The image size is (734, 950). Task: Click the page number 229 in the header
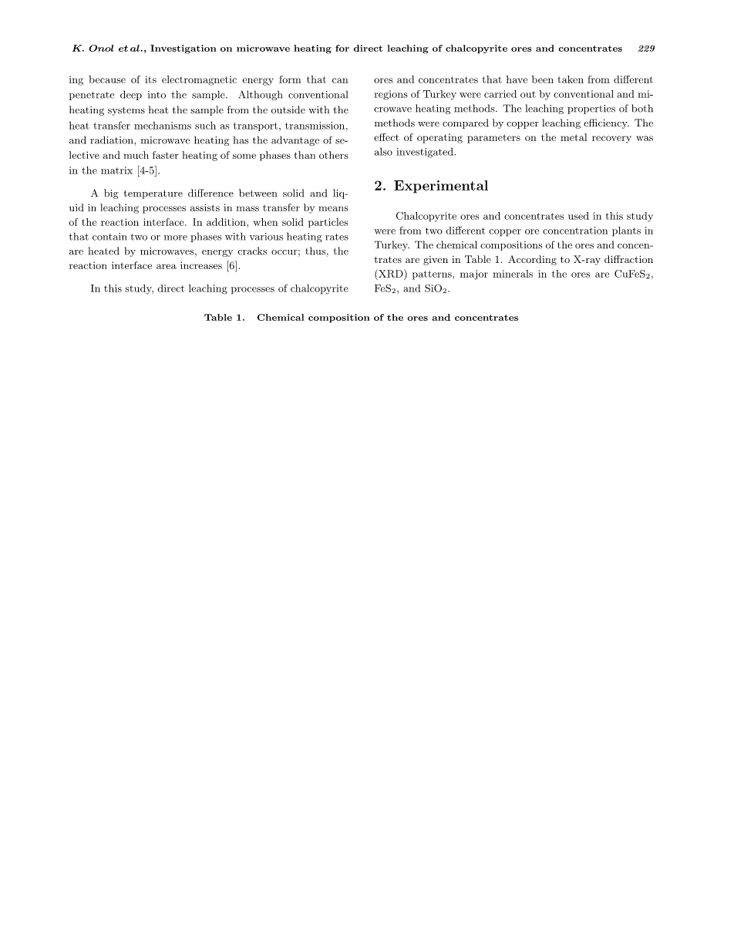[x=646, y=49]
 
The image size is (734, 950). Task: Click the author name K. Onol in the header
[x=93, y=49]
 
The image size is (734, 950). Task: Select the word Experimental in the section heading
[x=441, y=187]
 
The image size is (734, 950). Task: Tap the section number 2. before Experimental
[x=380, y=187]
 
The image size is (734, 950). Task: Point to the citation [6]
[x=232, y=266]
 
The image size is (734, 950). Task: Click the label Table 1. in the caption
[x=224, y=318]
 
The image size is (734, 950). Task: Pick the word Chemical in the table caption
[x=280, y=318]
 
